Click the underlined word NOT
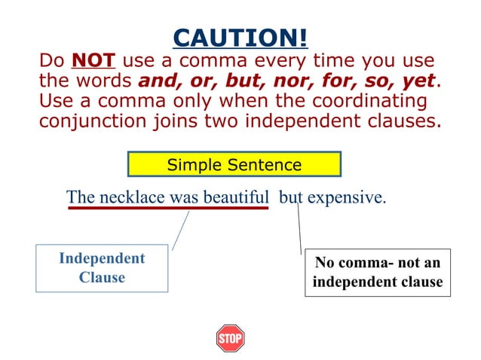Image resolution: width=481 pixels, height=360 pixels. (x=93, y=61)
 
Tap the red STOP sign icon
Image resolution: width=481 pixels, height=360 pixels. (x=230, y=338)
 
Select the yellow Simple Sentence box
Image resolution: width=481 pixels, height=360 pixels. (x=234, y=164)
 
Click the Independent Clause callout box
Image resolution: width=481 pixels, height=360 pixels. (x=102, y=268)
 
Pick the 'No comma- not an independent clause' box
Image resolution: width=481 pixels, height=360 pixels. (x=377, y=272)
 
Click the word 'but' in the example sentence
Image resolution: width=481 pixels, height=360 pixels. (x=291, y=197)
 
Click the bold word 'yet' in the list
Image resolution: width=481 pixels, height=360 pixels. (x=419, y=81)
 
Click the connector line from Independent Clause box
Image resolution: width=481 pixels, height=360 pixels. (x=180, y=230)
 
